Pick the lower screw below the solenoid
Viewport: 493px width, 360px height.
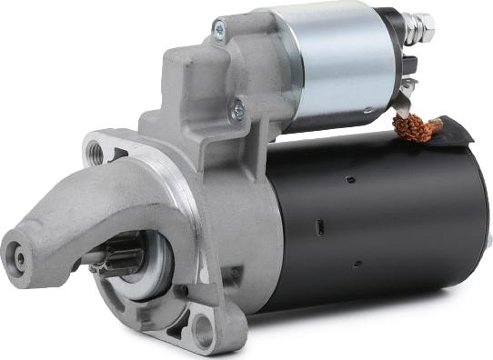pyautogui.click(x=238, y=109)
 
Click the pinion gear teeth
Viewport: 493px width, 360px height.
pyautogui.click(x=122, y=258)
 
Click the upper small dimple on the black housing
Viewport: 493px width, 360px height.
pyautogui.click(x=348, y=180)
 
